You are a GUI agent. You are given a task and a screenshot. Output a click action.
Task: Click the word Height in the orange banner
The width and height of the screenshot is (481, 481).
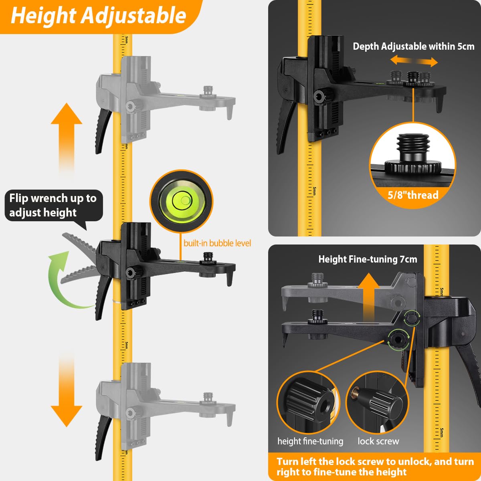point(43,16)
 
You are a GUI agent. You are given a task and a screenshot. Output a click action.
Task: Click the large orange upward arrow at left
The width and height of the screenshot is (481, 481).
point(67,136)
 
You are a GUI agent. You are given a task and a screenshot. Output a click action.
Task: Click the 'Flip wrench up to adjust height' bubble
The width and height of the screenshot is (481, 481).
point(53,205)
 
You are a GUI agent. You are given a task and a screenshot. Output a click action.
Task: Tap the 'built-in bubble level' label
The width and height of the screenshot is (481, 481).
point(217,243)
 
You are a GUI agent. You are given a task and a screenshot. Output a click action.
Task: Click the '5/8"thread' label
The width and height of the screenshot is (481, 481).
point(413,195)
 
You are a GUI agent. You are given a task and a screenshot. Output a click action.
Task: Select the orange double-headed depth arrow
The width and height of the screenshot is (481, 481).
point(414,61)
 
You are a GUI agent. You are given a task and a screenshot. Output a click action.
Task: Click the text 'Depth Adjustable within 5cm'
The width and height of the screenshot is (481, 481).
point(413,46)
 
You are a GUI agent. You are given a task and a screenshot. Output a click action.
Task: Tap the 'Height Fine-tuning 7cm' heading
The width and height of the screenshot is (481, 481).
point(368,259)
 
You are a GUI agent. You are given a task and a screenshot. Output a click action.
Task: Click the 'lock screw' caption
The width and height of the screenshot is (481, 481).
point(378,441)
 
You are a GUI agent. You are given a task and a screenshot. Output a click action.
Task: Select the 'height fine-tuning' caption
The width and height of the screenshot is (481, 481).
point(310,441)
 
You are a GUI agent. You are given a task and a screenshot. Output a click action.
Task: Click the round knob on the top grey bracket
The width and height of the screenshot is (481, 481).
point(130,106)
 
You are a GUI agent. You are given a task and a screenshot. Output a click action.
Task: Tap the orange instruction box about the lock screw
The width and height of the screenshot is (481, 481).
point(374,466)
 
